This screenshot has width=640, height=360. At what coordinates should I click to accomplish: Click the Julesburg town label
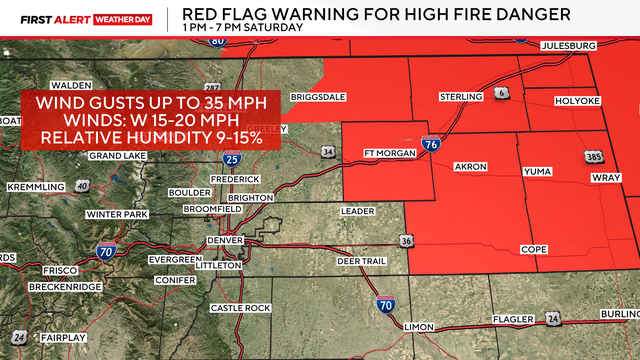(x=568, y=46)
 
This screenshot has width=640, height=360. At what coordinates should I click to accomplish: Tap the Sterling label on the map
(x=461, y=97)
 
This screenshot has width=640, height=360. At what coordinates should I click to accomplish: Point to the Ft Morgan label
(x=389, y=153)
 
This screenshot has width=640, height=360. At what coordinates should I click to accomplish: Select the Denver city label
(x=225, y=241)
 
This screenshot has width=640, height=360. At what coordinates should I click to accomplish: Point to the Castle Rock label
(x=241, y=307)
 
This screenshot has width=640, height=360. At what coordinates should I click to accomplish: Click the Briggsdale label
(x=316, y=96)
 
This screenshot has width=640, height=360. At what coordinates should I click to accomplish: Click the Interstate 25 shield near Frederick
(x=231, y=159)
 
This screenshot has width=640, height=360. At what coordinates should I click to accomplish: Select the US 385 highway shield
(x=593, y=157)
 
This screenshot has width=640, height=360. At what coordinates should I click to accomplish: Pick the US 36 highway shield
(x=405, y=240)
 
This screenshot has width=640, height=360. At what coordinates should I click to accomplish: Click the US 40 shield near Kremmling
(x=82, y=187)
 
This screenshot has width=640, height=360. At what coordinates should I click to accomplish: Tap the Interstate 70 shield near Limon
(x=386, y=304)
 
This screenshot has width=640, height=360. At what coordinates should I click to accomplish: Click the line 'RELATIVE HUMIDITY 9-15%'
(x=151, y=136)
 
